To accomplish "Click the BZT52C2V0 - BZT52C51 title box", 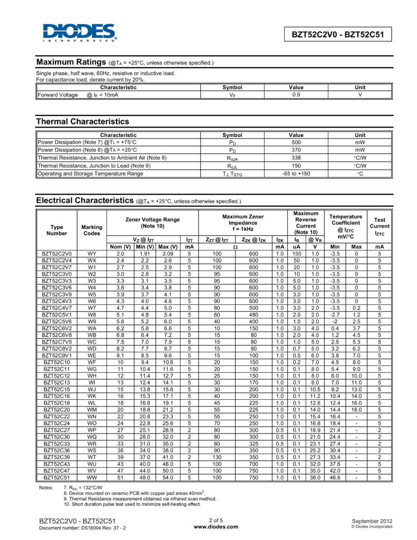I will [x=338, y=35].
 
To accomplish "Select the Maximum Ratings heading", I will [x=71, y=62].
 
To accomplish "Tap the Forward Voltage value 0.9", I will [x=296, y=95].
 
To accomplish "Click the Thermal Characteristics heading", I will [x=82, y=122].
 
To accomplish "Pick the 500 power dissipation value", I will [x=296, y=142].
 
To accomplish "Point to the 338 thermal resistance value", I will [x=296, y=158].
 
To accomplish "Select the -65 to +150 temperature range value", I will [x=296, y=173].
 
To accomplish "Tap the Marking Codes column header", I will [x=92, y=230].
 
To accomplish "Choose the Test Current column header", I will [x=379, y=226].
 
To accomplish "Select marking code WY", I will [x=92, y=254].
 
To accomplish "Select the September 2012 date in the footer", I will [x=372, y=520].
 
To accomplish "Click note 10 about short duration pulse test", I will [x=132, y=504].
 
